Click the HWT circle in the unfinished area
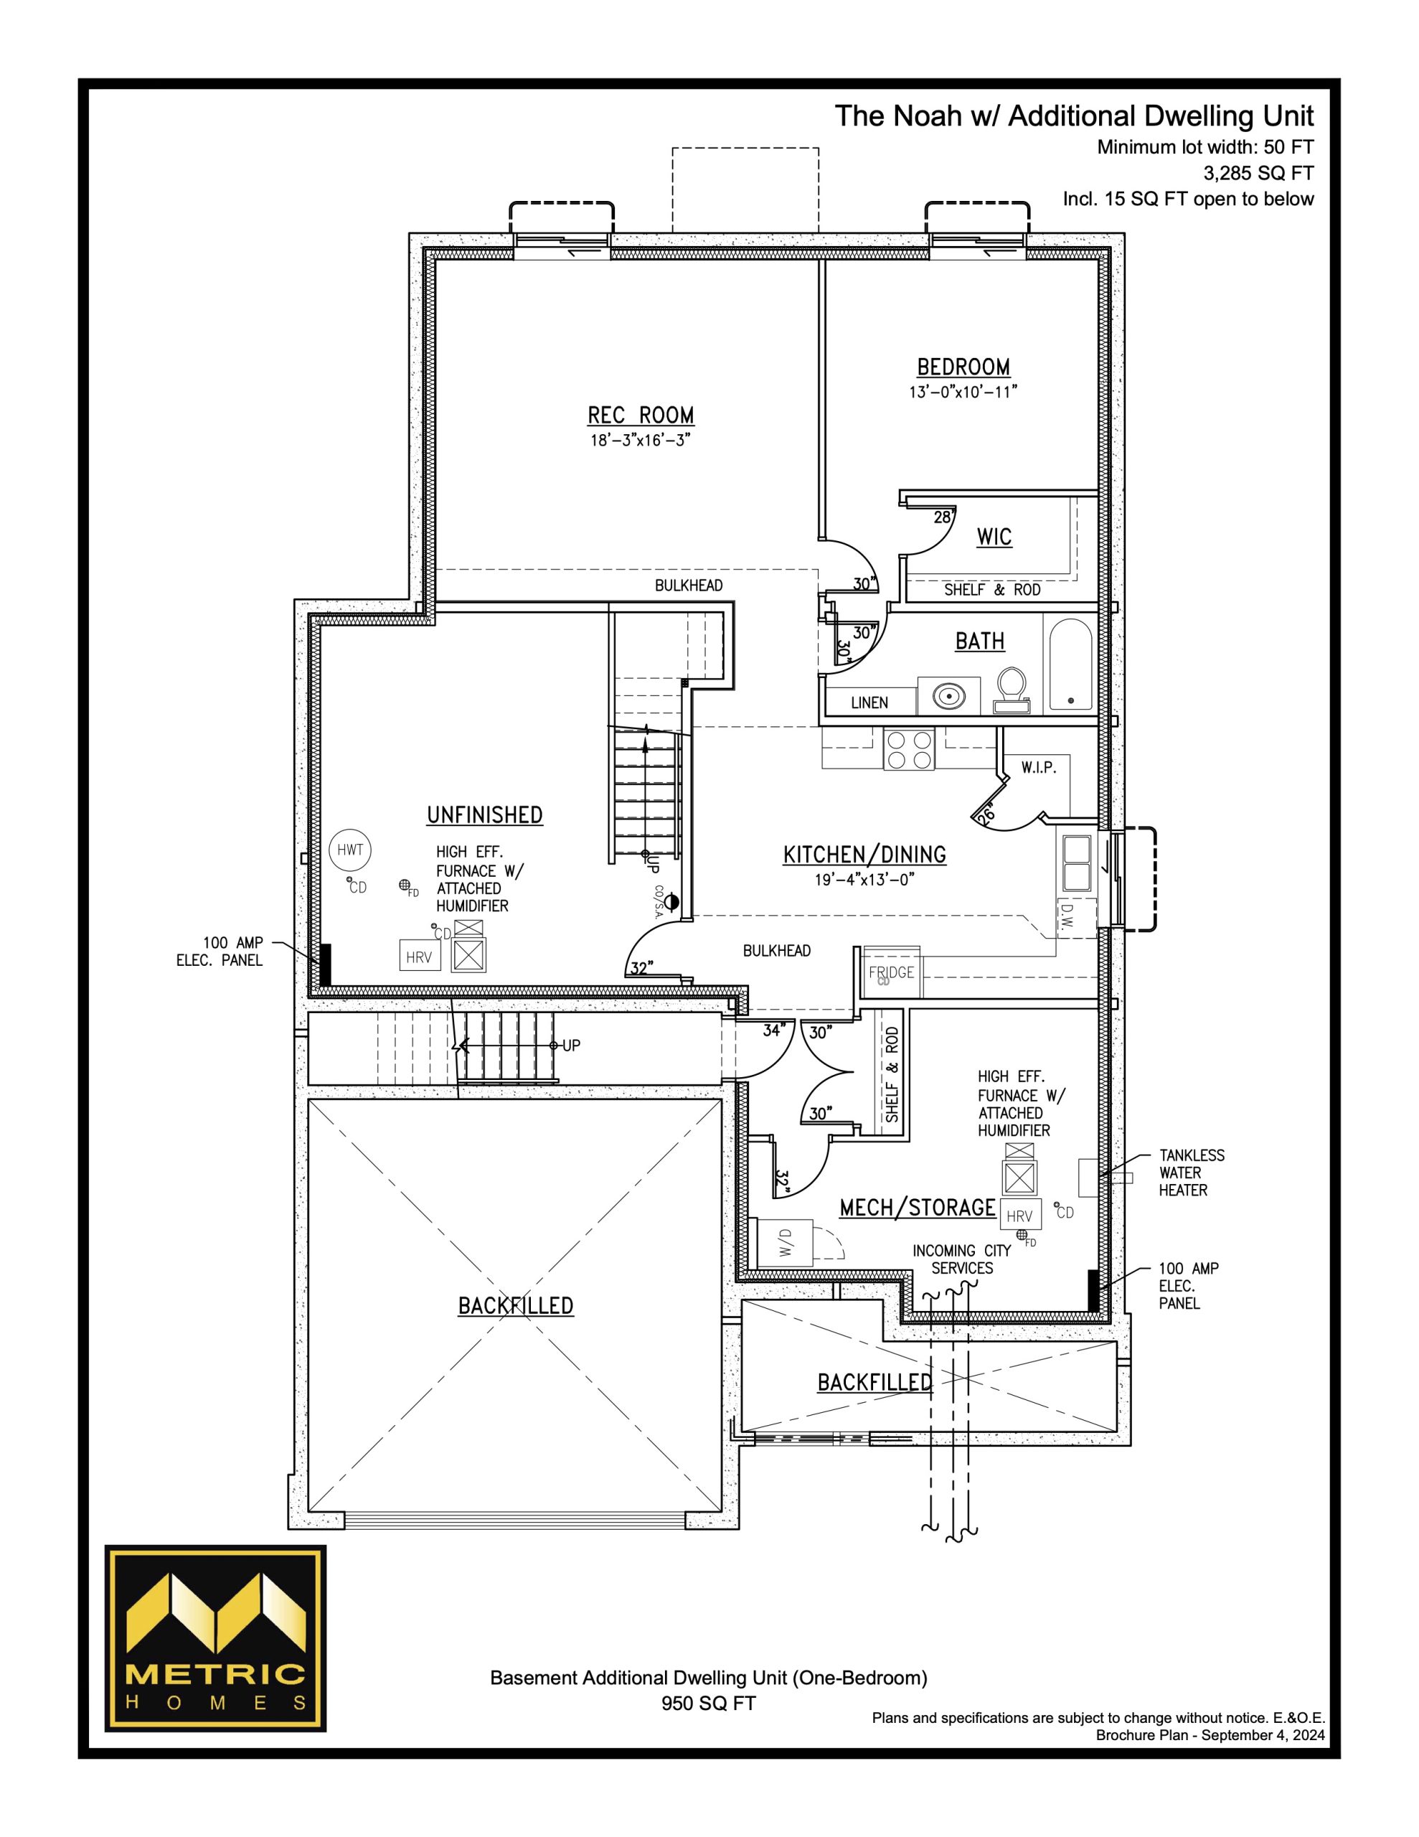click(x=350, y=850)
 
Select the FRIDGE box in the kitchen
click(x=892, y=972)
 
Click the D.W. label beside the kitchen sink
click(x=1067, y=916)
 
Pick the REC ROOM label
click(x=641, y=415)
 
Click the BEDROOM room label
click(x=963, y=367)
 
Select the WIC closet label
click(x=994, y=537)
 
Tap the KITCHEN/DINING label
click(x=864, y=855)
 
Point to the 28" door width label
click(x=943, y=517)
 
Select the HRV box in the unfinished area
click(x=419, y=957)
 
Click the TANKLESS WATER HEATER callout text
click(x=1191, y=1173)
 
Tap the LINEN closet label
click(x=869, y=703)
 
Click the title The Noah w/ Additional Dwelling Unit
click(x=1074, y=116)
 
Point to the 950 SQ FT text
click(x=708, y=1704)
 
